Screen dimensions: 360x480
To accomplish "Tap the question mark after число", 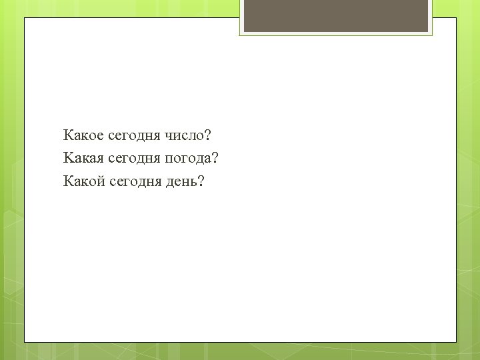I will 207,135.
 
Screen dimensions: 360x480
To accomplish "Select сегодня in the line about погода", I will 133,159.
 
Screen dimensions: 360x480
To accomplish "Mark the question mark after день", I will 201,181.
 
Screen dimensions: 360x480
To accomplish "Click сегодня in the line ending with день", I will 134,182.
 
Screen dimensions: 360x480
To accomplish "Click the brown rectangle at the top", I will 335,15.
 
